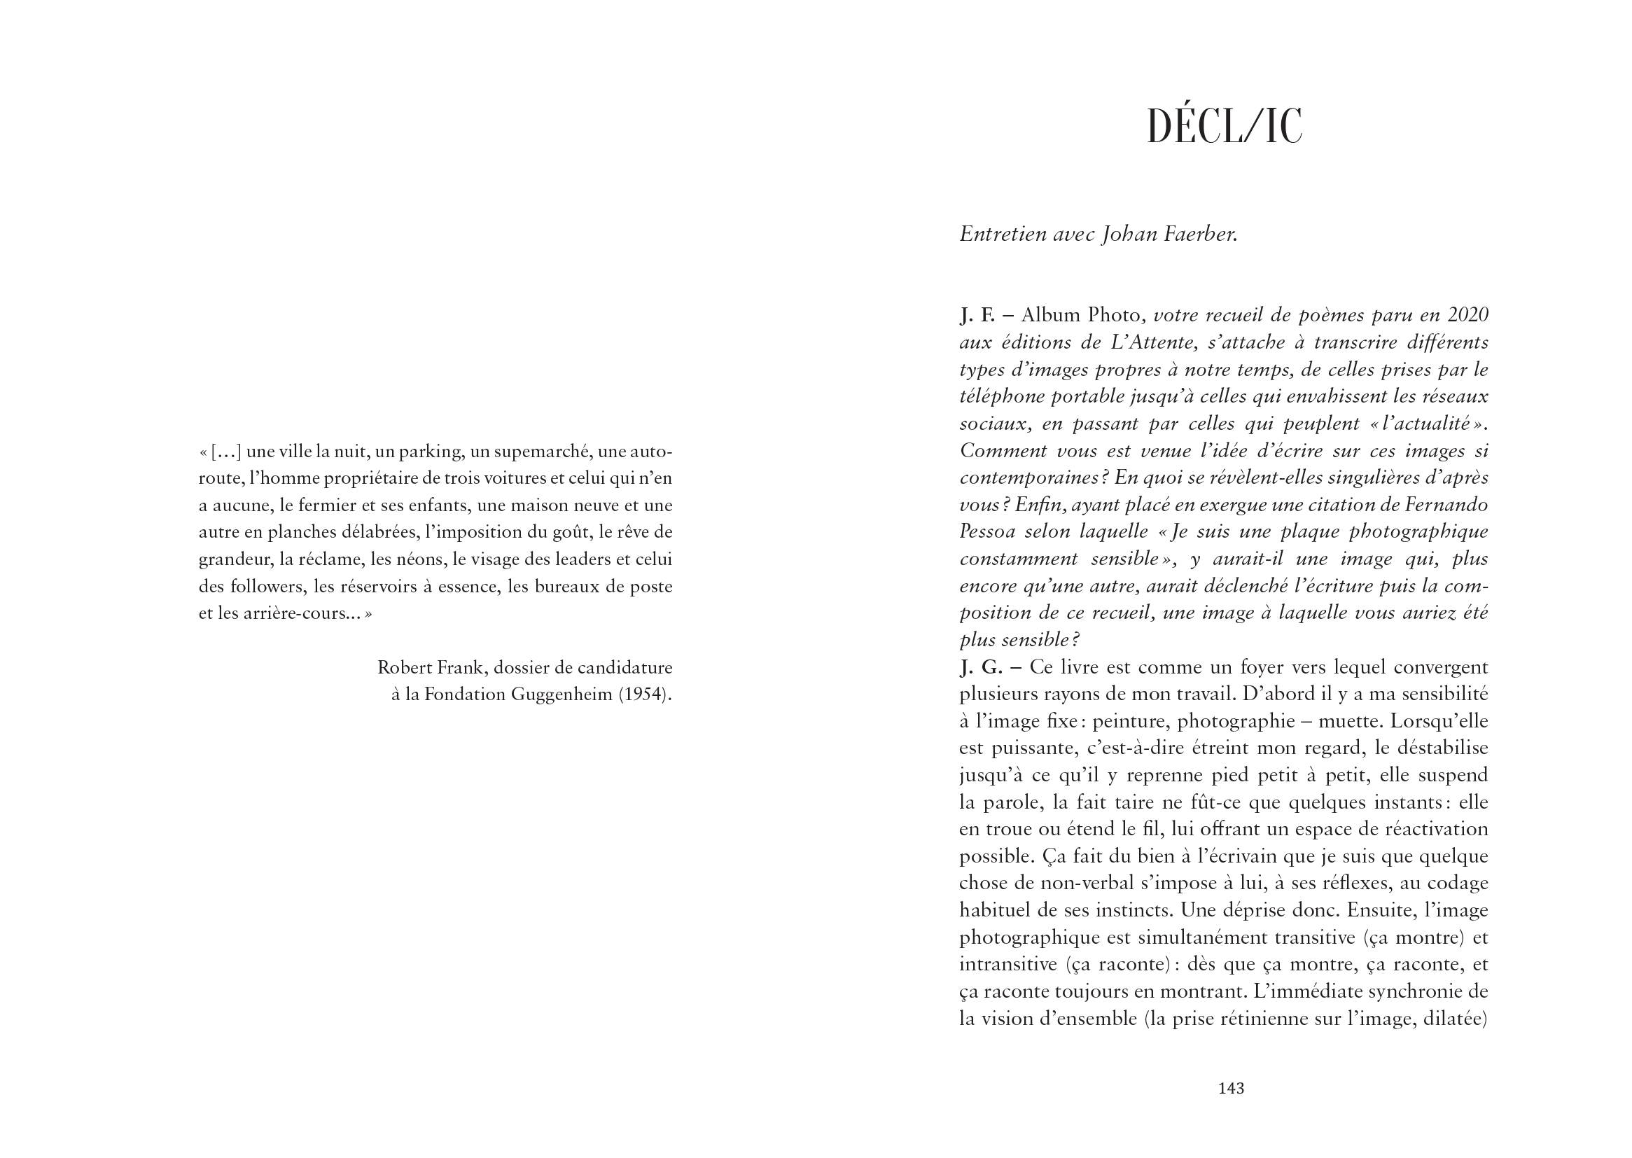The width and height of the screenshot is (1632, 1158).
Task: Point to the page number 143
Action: pos(1232,1088)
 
